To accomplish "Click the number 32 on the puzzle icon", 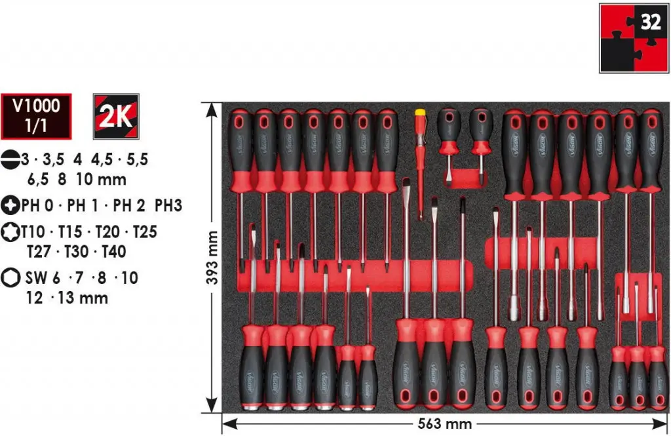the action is click(651, 22).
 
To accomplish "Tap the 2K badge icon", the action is click(116, 117).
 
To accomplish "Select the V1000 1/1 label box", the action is click(36, 117).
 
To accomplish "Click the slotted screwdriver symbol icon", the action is click(10, 159).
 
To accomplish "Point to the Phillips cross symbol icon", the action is click(10, 205).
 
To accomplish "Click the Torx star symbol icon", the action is click(10, 231).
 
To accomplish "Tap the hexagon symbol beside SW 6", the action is click(10, 277).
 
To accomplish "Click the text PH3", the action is click(168, 206).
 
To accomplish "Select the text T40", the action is click(114, 251).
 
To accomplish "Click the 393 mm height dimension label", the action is click(212, 258).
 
